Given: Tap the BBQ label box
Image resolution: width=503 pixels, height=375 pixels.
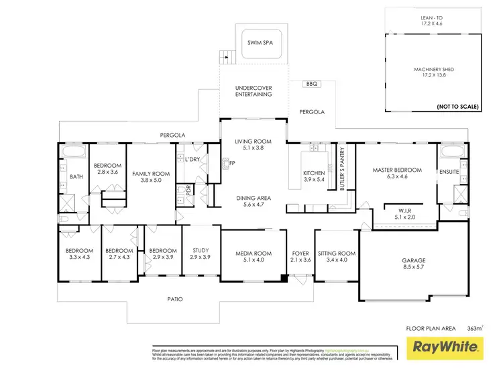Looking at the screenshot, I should pos(311,84).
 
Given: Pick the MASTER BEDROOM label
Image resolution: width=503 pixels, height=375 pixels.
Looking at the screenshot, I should pos(397,174).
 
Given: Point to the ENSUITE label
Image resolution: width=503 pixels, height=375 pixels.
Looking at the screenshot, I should pos(449,172).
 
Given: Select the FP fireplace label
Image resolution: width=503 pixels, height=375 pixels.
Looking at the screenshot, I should pos(232,163).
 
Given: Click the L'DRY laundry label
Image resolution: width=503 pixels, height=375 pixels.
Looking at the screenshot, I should pos(194,159).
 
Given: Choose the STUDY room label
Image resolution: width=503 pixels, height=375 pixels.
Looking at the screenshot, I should pos(201,254).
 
